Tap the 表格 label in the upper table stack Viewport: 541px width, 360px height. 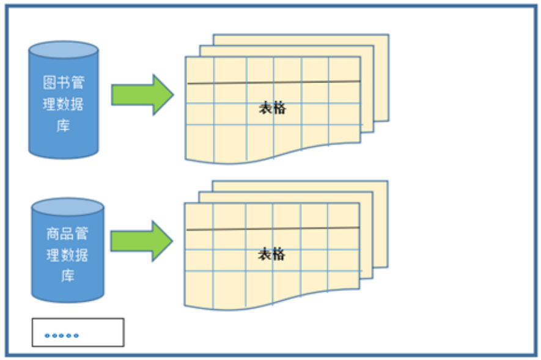point(272,109)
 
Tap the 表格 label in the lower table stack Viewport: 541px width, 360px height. point(271,254)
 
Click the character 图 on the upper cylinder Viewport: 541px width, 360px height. point(50,83)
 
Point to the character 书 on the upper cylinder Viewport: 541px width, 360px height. point(64,83)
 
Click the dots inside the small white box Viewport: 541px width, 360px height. point(62,335)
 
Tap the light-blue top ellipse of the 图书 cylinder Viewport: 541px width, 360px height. point(64,50)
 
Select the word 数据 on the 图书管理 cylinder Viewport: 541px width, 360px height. point(70,104)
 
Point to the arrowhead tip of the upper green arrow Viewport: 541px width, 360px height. point(173,95)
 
